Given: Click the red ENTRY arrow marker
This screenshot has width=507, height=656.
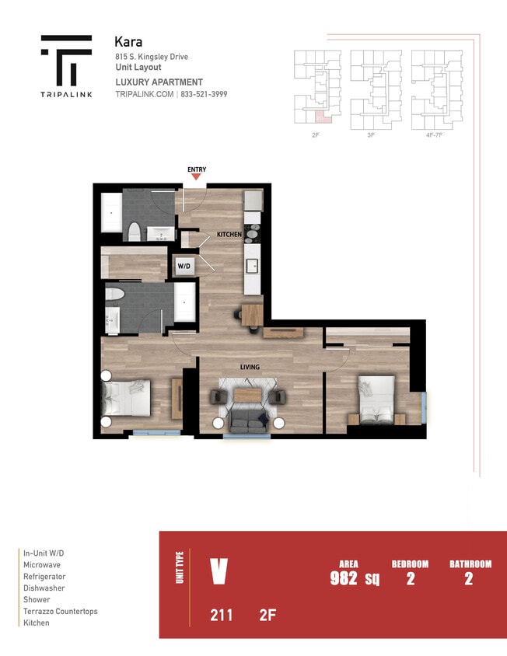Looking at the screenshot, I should [196, 177].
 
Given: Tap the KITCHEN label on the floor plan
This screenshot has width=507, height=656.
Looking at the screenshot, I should [229, 234].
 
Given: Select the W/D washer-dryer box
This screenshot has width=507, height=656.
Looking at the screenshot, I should [184, 266].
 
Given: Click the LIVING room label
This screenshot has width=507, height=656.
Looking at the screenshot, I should [249, 367].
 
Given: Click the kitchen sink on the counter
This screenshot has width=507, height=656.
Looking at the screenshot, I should [253, 266].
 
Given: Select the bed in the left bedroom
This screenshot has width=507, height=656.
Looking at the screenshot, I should [131, 399].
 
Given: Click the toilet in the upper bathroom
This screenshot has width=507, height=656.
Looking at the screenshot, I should [135, 231].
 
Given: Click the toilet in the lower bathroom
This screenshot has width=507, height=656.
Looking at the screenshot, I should [116, 295].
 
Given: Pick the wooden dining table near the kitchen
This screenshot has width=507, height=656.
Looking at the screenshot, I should [251, 315].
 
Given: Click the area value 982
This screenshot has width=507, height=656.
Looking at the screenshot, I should [344, 578].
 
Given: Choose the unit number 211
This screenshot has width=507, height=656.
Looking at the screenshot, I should [221, 616].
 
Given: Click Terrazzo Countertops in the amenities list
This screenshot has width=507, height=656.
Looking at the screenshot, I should [61, 612].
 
